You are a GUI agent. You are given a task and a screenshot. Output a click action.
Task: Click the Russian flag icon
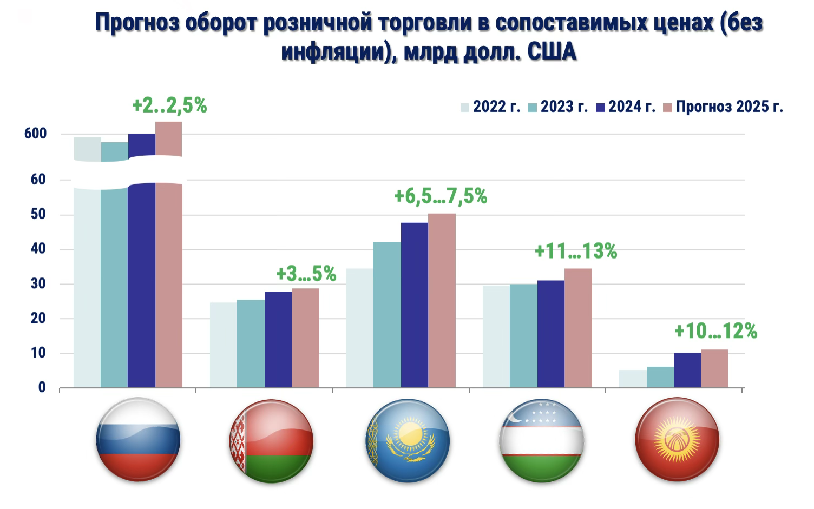[138, 440]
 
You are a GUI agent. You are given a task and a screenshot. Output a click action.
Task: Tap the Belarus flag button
[271, 441]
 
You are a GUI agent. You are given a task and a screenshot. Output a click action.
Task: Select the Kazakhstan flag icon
[408, 441]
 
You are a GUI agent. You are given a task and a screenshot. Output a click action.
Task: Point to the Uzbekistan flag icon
[541, 441]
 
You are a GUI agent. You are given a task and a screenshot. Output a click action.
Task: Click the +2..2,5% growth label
[169, 105]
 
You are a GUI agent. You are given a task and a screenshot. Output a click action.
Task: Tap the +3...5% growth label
[306, 274]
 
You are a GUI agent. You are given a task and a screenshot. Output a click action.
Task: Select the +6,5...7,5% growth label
[441, 196]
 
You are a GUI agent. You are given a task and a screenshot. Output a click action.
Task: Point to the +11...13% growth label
[576, 252]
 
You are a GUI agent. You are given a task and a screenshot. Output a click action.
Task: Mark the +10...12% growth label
[715, 331]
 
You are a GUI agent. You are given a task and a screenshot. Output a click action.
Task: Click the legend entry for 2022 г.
[490, 107]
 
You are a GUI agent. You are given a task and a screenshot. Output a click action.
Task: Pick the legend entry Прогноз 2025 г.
[723, 107]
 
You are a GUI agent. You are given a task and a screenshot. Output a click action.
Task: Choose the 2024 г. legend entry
[626, 107]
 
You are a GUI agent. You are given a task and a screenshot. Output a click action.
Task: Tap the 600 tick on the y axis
[36, 134]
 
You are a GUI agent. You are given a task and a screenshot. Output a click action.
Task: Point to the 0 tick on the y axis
[42, 387]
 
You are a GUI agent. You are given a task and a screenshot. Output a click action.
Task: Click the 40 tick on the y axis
[38, 249]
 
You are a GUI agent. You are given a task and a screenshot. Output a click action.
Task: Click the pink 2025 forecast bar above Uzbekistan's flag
[578, 328]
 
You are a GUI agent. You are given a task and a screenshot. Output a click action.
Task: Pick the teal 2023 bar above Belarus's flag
[251, 343]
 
